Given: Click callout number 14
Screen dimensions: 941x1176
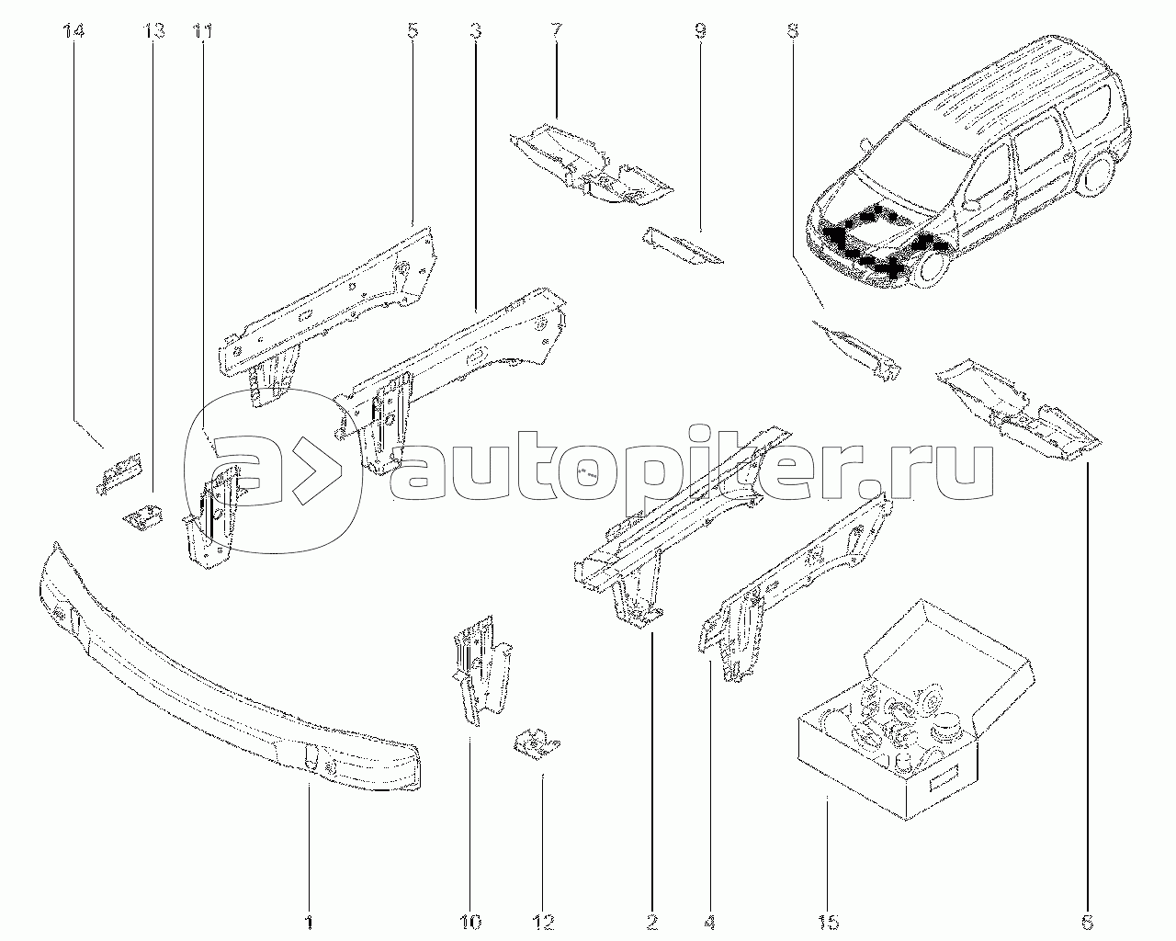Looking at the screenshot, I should [73, 32].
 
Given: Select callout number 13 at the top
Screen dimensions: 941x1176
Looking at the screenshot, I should [154, 32].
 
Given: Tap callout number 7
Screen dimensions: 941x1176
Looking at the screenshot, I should [557, 32].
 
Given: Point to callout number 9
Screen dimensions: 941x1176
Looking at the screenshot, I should [700, 32].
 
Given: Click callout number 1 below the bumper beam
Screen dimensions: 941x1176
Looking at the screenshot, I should [309, 920].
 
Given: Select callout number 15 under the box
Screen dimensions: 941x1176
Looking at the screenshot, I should [826, 920].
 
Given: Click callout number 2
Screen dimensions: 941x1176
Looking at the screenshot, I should [651, 920].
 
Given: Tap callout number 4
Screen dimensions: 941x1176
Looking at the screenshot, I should [711, 920].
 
